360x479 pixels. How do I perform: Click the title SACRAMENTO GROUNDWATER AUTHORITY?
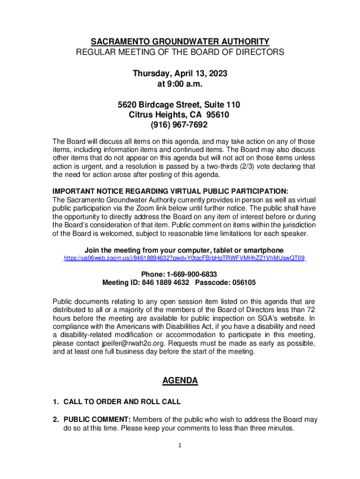[x=180, y=41]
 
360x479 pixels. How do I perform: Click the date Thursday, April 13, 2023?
[x=180, y=74]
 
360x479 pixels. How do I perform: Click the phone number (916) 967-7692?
[x=180, y=125]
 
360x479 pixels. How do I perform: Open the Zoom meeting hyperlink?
[x=184, y=258]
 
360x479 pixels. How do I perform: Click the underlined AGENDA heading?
[x=180, y=381]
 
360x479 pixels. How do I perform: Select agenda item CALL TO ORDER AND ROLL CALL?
[x=122, y=402]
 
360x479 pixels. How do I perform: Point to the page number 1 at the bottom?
[x=180, y=445]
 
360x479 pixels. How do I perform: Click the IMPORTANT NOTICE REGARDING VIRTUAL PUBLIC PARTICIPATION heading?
[x=170, y=191]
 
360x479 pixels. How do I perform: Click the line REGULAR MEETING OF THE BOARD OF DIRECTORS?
[x=180, y=52]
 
